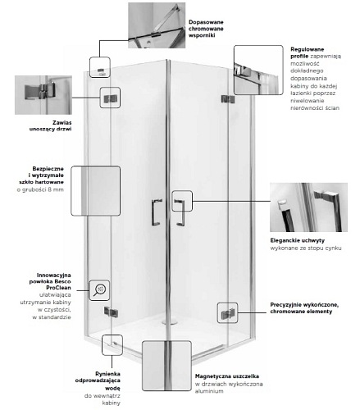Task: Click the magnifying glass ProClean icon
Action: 99,290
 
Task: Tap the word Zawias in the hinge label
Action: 62,123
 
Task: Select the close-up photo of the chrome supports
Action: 157,25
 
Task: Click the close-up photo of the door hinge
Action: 43,95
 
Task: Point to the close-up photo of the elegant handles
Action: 308,207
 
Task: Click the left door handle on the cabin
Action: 157,212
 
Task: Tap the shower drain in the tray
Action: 170,321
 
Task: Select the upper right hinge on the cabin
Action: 228,99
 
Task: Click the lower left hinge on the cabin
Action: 111,312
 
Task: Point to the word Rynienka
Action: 107,374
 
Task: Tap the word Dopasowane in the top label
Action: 206,22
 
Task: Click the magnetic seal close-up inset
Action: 166,366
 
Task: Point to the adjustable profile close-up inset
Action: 258,71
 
